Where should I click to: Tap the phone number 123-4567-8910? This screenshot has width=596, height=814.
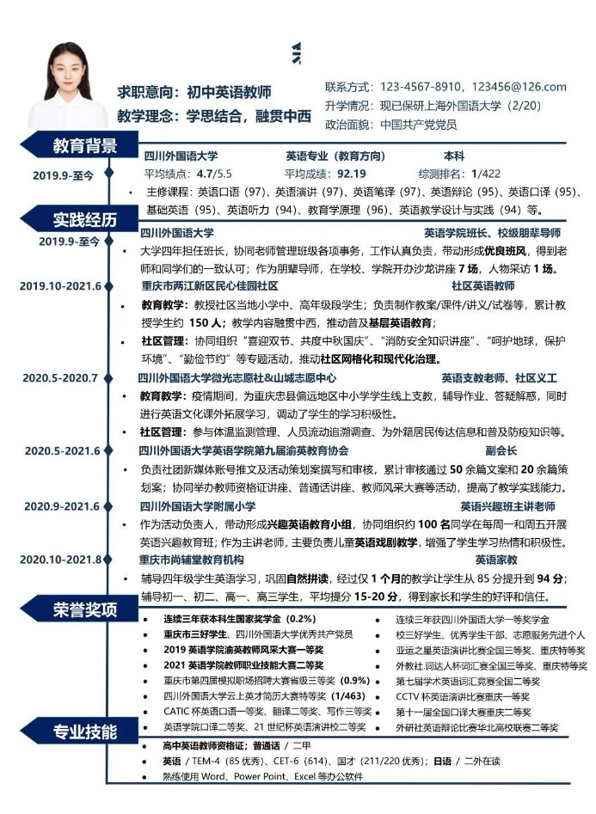click(x=420, y=87)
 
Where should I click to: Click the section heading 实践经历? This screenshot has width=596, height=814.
click(x=84, y=220)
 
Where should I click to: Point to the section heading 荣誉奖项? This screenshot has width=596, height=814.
click(x=84, y=610)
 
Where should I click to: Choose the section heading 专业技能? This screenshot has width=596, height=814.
click(x=84, y=732)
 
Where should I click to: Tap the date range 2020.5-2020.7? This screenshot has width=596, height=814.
click(x=61, y=377)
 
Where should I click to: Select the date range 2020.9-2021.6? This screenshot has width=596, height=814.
click(x=61, y=506)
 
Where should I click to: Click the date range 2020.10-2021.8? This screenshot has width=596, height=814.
click(x=61, y=560)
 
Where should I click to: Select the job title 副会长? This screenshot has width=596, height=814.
click(x=500, y=450)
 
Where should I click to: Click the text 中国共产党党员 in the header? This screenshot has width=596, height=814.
click(x=418, y=125)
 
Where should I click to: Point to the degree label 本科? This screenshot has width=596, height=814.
click(x=453, y=156)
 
